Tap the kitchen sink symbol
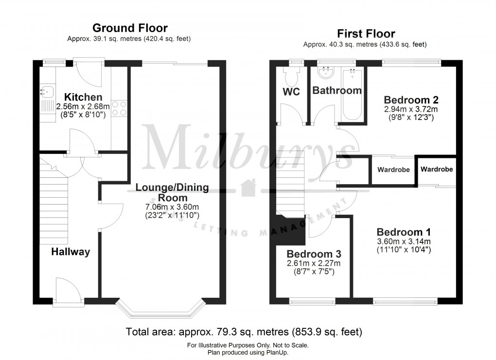pos(47,90)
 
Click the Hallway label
pos(71,252)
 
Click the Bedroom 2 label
pos(411,100)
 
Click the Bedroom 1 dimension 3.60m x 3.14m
pos(404,241)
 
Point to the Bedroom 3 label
pos(313,254)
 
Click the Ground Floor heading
pos(130,28)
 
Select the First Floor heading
pos(366,34)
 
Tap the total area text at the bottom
pos(244,332)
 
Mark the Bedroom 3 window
pos(312,301)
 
